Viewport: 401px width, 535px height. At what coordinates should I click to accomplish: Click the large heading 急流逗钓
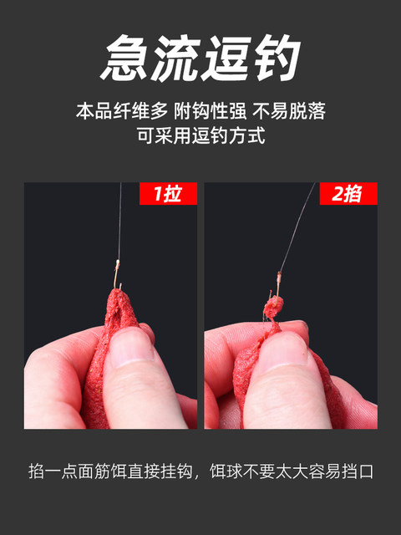200,58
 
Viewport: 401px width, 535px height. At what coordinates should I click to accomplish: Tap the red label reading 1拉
168,193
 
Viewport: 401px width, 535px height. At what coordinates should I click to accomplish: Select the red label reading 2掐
348,193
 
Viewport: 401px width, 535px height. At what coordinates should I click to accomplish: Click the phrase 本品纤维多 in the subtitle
122,111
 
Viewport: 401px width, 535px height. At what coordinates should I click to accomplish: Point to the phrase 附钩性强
210,111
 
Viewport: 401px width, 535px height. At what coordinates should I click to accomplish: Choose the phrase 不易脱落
289,111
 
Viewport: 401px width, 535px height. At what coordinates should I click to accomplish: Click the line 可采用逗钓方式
200,135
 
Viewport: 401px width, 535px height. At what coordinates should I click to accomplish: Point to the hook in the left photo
117,274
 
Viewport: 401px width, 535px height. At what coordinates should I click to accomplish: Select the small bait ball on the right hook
273,305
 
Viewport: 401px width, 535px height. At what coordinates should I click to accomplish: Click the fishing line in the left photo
119,221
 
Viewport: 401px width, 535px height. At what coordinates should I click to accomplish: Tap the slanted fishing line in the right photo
297,227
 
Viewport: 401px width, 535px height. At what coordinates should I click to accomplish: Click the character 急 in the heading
125,58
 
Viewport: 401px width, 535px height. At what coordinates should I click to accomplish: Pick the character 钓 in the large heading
277,58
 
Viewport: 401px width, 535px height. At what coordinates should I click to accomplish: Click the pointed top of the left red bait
117,290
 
